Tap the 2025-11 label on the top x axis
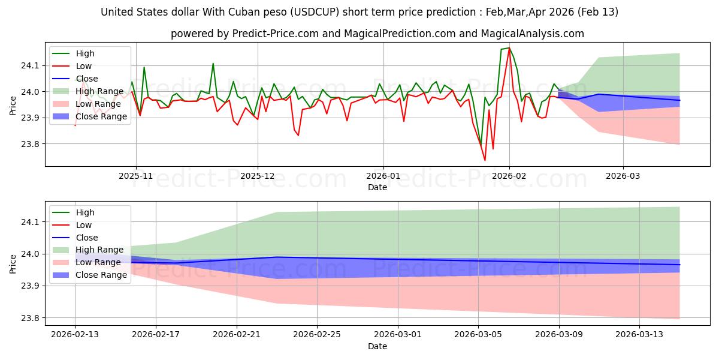point(136,176)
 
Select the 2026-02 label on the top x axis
point(509,176)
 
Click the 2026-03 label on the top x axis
point(623,176)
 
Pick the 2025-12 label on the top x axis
point(258,176)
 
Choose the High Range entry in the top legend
point(98,91)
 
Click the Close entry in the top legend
point(87,79)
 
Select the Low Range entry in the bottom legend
point(97,262)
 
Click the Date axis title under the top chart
point(377,187)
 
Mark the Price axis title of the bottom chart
point(13,262)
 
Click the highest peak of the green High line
point(509,48)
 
